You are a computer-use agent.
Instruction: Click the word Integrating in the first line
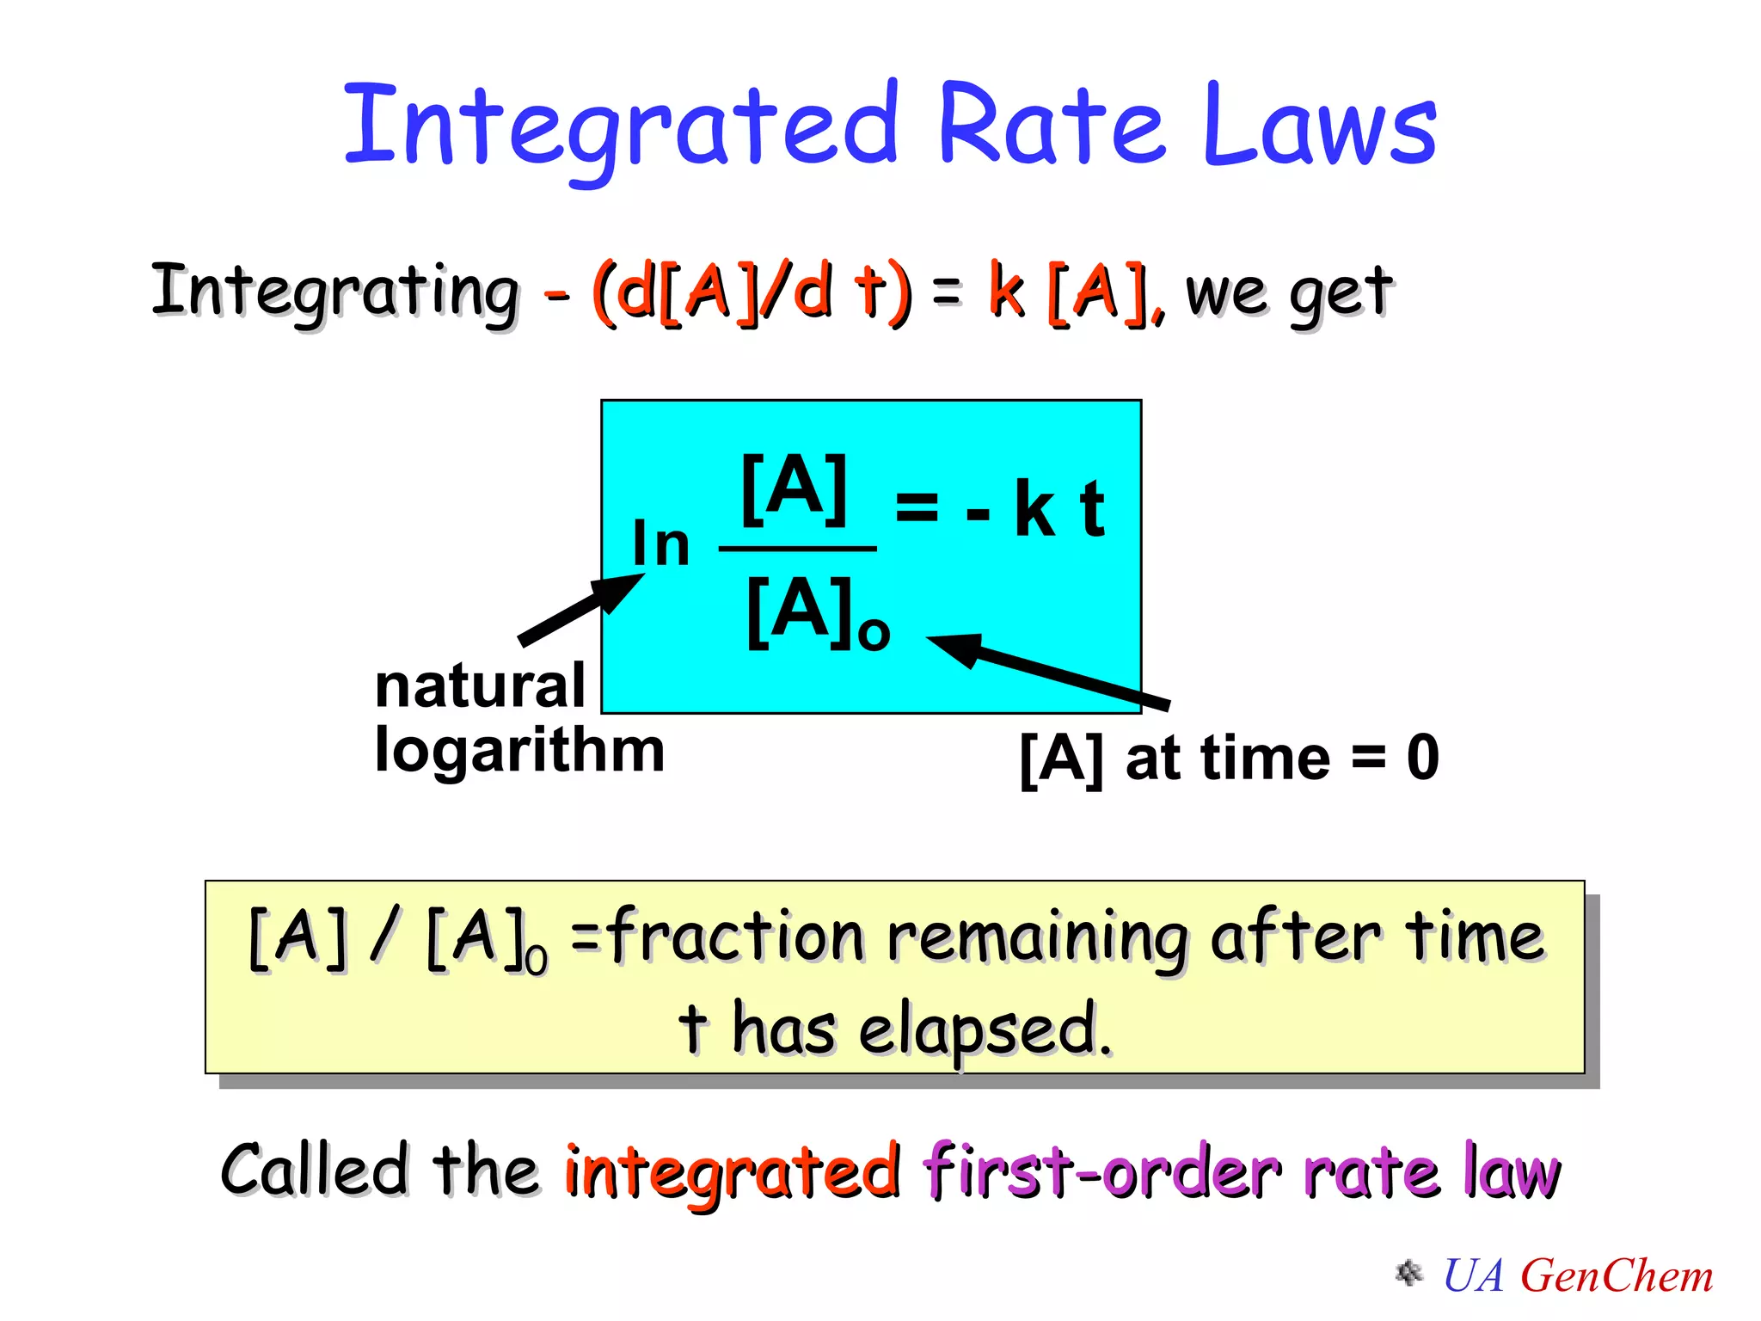(x=335, y=292)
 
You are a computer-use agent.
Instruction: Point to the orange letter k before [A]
(x=1006, y=290)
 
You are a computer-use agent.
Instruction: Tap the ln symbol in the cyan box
(x=660, y=544)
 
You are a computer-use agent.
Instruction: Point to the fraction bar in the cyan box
(x=797, y=548)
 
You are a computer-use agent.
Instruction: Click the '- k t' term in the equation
(x=1035, y=509)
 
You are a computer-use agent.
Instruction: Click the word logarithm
(x=519, y=751)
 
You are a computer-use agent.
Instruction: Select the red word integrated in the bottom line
(x=732, y=1171)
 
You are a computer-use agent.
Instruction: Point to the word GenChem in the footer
(x=1617, y=1275)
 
